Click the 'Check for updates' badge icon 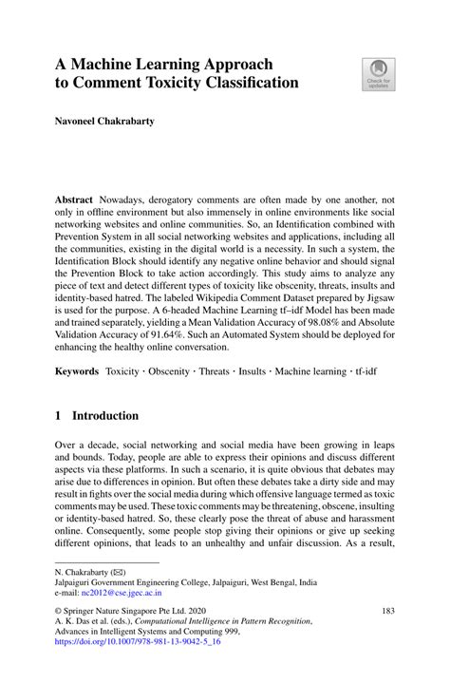click(377, 73)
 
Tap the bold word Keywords click(78, 367)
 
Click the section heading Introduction click(105, 416)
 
